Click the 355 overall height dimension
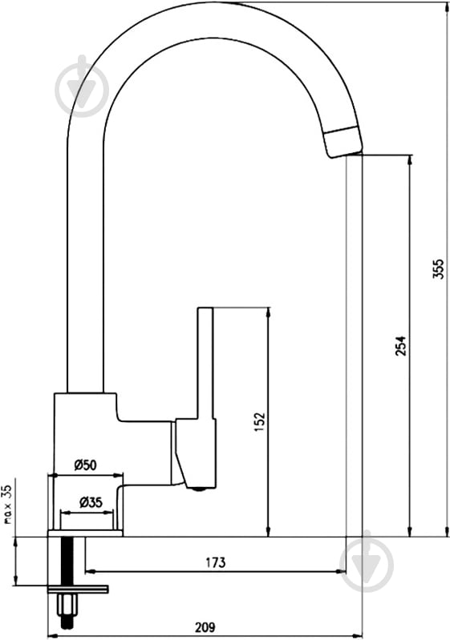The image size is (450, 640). (x=438, y=268)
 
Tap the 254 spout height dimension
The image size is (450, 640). (x=401, y=346)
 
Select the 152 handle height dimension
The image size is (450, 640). (x=260, y=422)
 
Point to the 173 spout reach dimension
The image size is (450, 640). (x=216, y=562)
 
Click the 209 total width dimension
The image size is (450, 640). (x=205, y=627)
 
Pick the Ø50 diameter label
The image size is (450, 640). (x=85, y=465)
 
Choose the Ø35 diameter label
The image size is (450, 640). (x=91, y=502)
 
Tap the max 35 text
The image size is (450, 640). (x=8, y=505)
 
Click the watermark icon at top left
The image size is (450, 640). (x=82, y=85)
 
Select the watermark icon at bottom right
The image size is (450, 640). (x=367, y=562)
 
